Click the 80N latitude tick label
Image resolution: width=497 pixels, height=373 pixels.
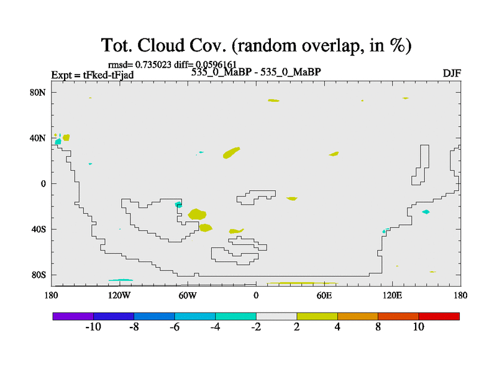click(38, 93)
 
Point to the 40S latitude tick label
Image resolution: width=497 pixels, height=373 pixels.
click(39, 229)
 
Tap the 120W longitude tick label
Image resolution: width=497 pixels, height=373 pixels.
click(119, 296)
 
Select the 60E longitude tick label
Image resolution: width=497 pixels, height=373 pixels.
click(324, 296)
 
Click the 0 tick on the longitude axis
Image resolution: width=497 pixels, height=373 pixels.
click(256, 296)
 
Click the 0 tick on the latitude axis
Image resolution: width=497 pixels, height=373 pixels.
click(43, 184)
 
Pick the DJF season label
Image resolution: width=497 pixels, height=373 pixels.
click(452, 73)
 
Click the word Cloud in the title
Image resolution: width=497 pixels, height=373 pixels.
click(161, 45)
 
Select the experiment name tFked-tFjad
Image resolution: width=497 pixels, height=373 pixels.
click(108, 75)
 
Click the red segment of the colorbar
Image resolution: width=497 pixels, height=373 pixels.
click(439, 316)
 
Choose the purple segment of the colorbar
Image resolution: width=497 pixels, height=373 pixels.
click(73, 316)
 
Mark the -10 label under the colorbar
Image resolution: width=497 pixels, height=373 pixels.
click(93, 327)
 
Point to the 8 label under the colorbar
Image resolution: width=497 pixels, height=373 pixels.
click(378, 327)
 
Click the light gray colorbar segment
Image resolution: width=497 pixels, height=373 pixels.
click(276, 316)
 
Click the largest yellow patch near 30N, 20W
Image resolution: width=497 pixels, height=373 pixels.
click(231, 152)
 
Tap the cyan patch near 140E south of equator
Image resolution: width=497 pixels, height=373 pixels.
click(426, 212)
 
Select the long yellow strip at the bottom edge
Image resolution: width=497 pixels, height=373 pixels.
click(302, 283)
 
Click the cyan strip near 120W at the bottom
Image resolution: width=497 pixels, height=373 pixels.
click(121, 280)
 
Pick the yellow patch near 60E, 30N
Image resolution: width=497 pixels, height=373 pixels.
click(334, 154)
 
